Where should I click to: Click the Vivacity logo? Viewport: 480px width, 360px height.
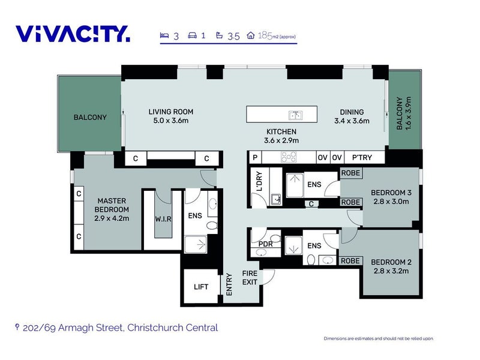[x=73, y=34]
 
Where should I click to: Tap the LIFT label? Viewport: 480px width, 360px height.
[x=201, y=287]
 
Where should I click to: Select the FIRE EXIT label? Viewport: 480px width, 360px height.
[x=250, y=278]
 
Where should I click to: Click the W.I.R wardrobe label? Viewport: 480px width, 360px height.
[x=163, y=219]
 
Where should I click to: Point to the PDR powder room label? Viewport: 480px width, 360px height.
[x=265, y=244]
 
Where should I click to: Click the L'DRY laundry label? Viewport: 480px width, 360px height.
[x=259, y=182]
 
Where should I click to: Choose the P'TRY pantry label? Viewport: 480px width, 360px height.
[x=362, y=157]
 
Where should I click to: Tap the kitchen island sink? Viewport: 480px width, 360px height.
[x=295, y=115]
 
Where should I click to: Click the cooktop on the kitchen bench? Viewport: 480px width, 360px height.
[x=289, y=157]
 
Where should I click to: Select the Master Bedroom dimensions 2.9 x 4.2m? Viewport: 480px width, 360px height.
[x=112, y=218]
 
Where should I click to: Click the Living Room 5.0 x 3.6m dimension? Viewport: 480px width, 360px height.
[x=171, y=121]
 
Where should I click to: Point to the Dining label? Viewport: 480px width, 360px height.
[x=352, y=112]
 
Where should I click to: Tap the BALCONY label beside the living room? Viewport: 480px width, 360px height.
[x=90, y=117]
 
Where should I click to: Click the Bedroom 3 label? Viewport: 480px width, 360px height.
[x=391, y=193]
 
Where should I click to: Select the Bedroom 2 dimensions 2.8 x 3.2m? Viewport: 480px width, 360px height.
[x=391, y=271]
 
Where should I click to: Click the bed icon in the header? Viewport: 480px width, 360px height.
[x=164, y=35]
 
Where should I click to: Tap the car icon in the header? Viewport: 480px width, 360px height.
[x=192, y=35]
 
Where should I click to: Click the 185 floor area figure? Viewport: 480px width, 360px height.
[x=265, y=36]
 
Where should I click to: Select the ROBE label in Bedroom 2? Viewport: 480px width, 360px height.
[x=350, y=261]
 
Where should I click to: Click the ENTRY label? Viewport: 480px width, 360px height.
[x=229, y=284]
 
